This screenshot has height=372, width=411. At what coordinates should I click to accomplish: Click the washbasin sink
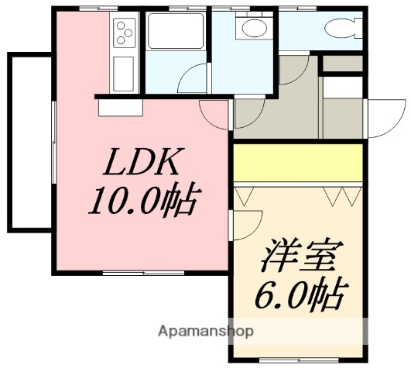point(252,29)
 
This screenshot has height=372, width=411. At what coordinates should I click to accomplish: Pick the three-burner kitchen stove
point(124,33)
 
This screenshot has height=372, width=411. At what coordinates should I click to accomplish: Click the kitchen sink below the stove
point(123,74)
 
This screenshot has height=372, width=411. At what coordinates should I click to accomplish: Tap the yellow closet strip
point(299,162)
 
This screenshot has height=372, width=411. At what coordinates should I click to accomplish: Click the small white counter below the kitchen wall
point(120,107)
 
